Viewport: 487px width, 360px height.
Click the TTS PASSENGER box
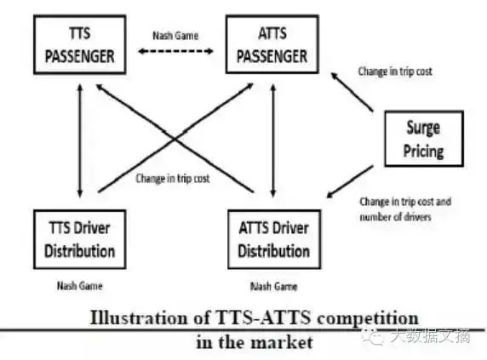[x=80, y=44]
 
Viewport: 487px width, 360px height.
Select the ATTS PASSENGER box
[x=272, y=44]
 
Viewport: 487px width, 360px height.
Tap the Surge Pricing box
[x=424, y=139]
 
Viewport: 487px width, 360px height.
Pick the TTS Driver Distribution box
[x=80, y=239]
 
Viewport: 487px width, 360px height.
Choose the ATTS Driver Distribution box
[x=274, y=239]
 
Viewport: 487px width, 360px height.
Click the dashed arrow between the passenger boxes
[x=175, y=51]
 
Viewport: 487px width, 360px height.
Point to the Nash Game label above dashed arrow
[x=175, y=36]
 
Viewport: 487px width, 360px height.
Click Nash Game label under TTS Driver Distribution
[x=80, y=285]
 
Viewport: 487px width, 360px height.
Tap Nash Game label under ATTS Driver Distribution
[x=274, y=286]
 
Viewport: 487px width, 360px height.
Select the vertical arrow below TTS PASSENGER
[x=80, y=140]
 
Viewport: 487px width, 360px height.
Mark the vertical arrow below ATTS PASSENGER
[x=273, y=140]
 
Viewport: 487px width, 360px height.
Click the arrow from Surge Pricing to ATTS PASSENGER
[x=352, y=92]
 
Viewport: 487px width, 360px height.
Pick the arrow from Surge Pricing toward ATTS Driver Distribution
[x=350, y=181]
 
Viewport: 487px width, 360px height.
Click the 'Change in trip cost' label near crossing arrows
[x=173, y=179]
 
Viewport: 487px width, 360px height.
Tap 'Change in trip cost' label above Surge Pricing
[x=395, y=71]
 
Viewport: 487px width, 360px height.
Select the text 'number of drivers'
[x=395, y=216]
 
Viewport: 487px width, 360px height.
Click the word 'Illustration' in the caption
[x=139, y=318]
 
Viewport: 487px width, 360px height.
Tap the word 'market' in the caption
[x=282, y=343]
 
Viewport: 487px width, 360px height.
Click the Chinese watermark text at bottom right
[x=430, y=336]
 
